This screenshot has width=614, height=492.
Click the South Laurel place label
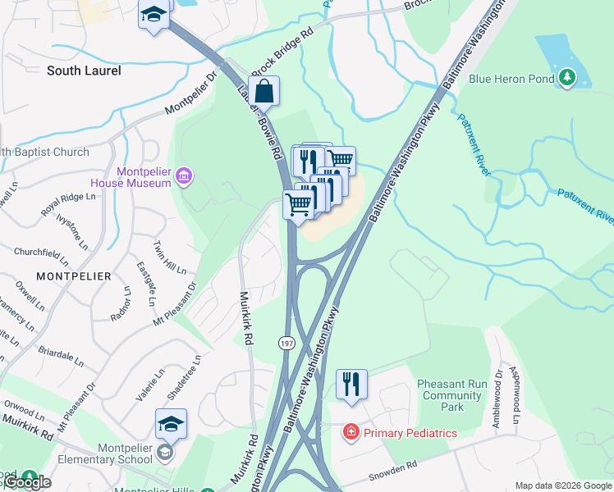click(84, 71)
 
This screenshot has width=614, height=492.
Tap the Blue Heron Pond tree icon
click(566, 79)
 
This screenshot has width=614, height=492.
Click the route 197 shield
click(286, 340)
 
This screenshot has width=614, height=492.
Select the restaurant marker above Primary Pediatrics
click(351, 384)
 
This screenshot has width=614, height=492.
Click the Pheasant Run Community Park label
click(451, 395)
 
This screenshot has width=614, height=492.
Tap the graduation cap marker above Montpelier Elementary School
click(171, 424)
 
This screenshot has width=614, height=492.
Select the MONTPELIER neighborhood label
click(74, 276)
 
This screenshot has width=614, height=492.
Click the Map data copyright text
click(563, 485)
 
